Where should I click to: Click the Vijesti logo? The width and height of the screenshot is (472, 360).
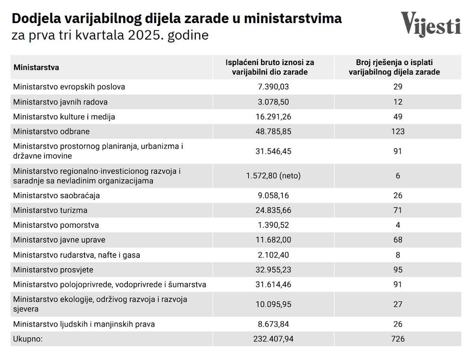coord(430,24)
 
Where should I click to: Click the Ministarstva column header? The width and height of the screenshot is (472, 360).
coord(36,67)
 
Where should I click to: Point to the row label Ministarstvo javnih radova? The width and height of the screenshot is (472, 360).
coord(60,101)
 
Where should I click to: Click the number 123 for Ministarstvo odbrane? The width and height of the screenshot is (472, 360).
coord(398,131)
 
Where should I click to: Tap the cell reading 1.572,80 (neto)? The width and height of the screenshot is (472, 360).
coord(273,176)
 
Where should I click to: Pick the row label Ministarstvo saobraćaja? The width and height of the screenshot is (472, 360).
coord(57,195)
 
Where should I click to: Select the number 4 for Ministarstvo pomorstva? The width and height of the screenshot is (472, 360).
coord(398,225)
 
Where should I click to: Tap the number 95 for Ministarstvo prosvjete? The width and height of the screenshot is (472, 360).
coord(398,269)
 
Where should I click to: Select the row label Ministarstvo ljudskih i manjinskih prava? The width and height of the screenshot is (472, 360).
coord(84,324)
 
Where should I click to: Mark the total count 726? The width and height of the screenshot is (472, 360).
coord(398,339)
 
